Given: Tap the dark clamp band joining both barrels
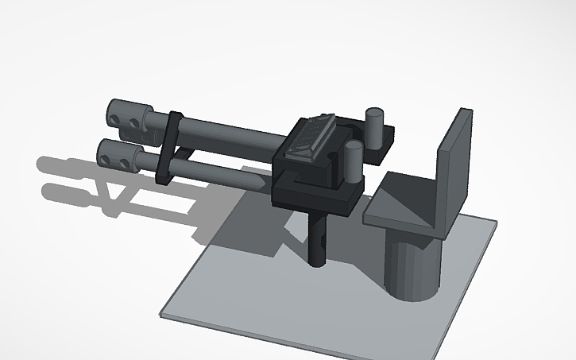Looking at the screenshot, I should coord(170,147).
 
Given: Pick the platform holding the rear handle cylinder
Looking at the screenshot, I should coord(381,138).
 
